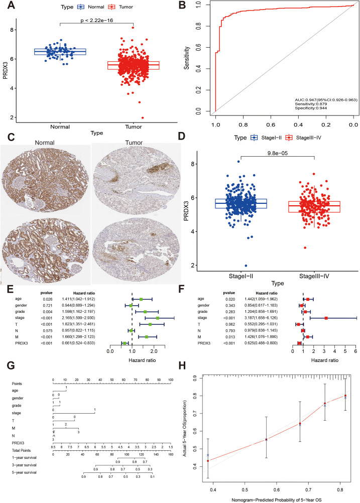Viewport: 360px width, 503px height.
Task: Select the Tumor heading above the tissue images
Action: click(135, 143)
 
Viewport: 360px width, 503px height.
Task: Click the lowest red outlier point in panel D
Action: click(291, 247)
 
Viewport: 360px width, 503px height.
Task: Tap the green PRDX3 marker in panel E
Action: click(125, 343)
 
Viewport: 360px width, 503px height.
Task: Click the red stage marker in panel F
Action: click(326, 318)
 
